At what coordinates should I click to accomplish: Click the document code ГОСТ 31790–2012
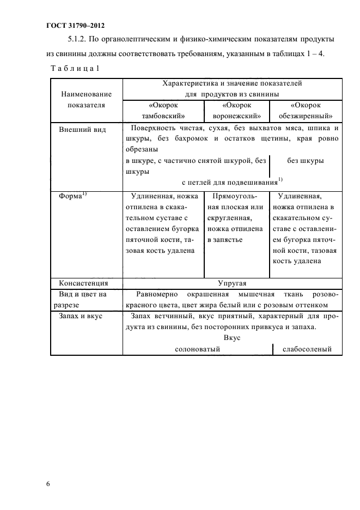pyautogui.click(x=74, y=26)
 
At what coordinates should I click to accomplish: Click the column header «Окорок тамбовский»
pyautogui.click(x=163, y=110)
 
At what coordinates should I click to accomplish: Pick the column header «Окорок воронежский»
pyautogui.click(x=236, y=110)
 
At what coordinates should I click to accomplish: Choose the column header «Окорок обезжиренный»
pyautogui.click(x=306, y=110)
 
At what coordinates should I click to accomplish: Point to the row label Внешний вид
pyautogui.click(x=82, y=129)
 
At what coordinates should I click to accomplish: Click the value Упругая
pyautogui.click(x=232, y=283)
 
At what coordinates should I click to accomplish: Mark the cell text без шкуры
pyautogui.click(x=306, y=161)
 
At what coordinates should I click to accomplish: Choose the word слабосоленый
pyautogui.click(x=307, y=349)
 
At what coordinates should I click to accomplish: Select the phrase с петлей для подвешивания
pyautogui.click(x=229, y=181)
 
